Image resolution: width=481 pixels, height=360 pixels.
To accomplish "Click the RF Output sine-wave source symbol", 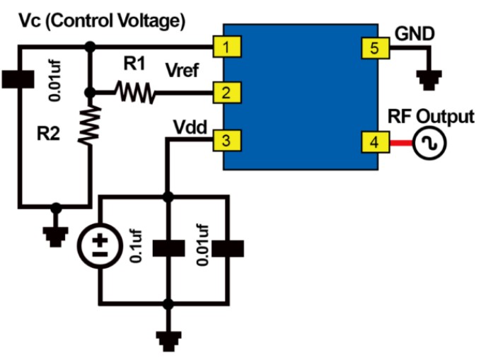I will pos(429,144).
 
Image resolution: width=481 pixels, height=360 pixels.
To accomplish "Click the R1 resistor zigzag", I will pos(135,92).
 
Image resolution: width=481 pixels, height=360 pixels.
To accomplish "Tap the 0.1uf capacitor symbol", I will pos(168,249).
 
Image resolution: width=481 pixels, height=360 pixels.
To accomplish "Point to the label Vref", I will pos(182,71).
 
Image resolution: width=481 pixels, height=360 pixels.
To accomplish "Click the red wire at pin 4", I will pos(401,144).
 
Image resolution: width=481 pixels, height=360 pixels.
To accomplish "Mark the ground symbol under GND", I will pos(427,79).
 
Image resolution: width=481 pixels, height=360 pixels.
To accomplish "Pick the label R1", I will pos(134,65).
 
